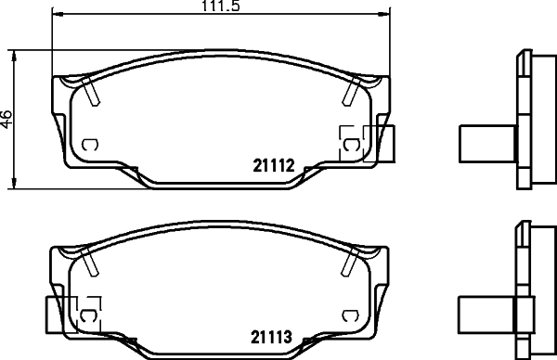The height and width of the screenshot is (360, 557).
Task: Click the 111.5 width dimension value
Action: tap(221, 6)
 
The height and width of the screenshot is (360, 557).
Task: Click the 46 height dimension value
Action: tap(6, 119)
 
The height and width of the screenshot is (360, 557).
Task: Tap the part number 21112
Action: tap(274, 165)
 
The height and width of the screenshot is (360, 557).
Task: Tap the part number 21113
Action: tap(271, 337)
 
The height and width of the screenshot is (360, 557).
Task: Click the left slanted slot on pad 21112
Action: tap(91, 91)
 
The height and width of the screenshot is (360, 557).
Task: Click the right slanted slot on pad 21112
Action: tap(351, 91)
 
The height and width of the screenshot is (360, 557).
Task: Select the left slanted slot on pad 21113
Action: tap(89, 262)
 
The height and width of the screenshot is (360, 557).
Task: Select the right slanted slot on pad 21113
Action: tap(350, 262)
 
